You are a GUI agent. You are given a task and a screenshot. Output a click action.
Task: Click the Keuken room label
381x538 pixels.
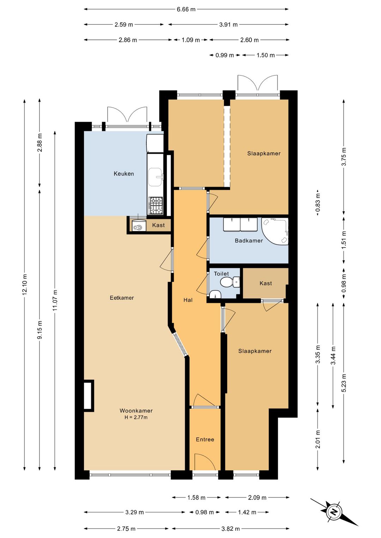point(123,173)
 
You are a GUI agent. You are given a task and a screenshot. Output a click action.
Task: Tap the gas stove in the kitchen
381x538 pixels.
point(156,206)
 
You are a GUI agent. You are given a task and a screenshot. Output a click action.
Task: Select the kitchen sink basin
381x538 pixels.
point(155,177)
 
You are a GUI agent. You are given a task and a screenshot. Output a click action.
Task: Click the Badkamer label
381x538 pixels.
point(249,240)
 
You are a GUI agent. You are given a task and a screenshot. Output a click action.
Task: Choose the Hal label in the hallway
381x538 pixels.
point(188,300)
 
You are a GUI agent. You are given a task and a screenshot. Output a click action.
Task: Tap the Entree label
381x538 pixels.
point(205,439)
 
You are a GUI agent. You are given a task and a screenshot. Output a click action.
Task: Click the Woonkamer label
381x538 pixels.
point(136,410)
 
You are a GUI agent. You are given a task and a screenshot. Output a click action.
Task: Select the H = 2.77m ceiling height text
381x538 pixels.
point(136,417)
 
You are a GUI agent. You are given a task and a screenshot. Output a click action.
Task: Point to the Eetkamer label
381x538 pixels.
point(122,298)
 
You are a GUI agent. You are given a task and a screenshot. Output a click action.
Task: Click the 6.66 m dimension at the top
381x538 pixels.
point(186,10)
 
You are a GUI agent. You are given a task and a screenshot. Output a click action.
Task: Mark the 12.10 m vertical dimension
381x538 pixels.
point(24,285)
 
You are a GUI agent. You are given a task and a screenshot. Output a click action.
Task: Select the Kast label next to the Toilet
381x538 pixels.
point(266,283)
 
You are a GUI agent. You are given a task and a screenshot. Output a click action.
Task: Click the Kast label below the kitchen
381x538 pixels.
point(158,225)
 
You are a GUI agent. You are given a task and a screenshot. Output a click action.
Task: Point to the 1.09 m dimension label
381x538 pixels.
point(190,40)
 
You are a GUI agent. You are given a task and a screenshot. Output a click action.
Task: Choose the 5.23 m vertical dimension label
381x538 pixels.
point(344,383)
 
